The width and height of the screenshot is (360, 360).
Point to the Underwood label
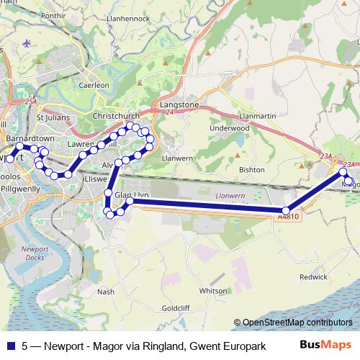228,128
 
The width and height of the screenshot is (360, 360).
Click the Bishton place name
252,170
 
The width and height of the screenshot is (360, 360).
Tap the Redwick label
313,276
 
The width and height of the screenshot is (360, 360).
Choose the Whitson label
213,291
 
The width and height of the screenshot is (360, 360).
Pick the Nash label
106,292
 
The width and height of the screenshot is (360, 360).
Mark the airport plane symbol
27,42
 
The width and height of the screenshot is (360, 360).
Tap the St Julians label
50,116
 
